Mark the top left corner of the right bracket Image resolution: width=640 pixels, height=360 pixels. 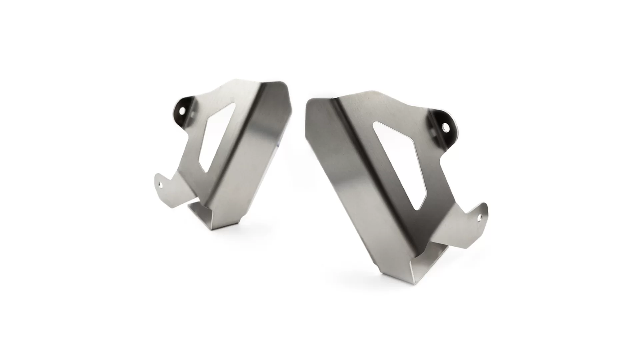click(309, 101)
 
